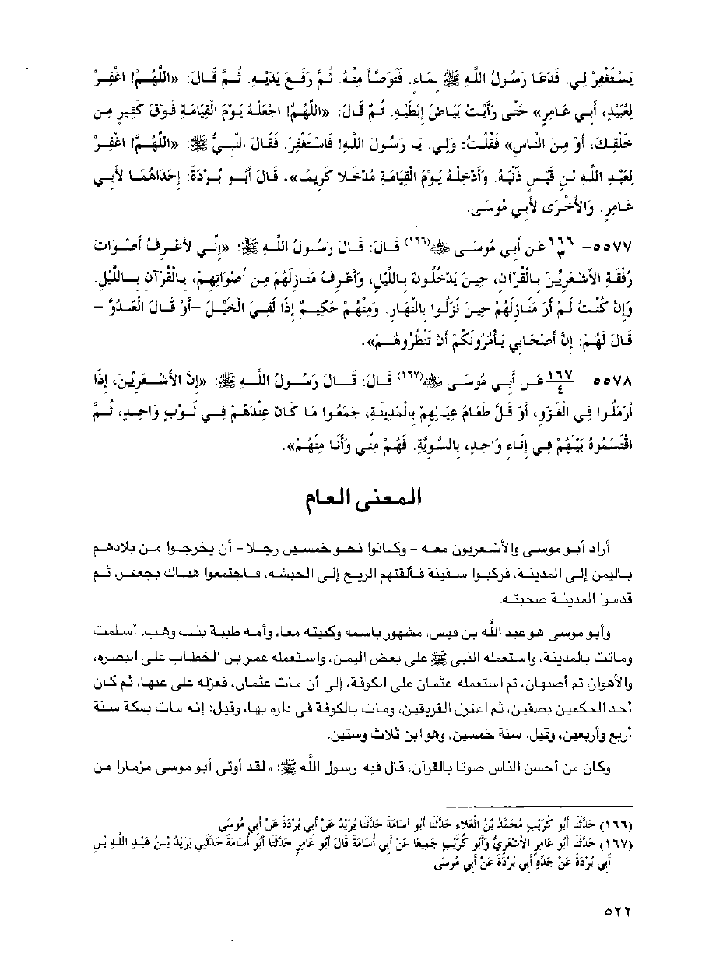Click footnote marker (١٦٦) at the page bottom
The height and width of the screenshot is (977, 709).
[x=621, y=821]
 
